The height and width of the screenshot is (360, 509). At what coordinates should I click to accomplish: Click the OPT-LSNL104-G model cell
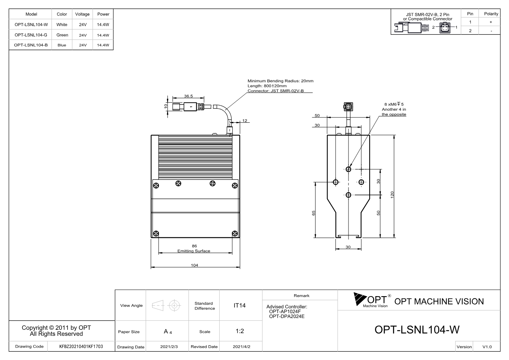tap(31, 35)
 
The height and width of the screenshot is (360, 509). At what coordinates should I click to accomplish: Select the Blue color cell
tap(62, 45)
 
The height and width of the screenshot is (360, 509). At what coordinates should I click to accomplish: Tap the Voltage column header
tap(82, 14)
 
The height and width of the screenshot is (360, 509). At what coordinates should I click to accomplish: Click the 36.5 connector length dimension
tap(188, 96)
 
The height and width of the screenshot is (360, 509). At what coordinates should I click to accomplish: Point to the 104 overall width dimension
tap(194, 265)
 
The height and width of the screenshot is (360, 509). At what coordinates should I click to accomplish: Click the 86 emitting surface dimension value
tap(194, 246)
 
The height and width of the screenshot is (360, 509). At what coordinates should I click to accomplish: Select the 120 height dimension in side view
tap(392, 195)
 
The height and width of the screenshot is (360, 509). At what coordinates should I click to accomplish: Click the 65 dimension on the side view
tap(313, 213)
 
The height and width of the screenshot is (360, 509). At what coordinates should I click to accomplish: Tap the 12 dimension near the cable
tap(245, 121)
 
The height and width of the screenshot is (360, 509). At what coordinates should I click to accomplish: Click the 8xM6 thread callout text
tap(394, 104)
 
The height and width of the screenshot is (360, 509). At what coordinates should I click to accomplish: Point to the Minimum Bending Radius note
tap(281, 81)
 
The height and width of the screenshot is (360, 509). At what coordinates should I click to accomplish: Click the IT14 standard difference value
tap(239, 305)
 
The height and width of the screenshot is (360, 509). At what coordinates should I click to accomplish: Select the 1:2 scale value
tap(240, 331)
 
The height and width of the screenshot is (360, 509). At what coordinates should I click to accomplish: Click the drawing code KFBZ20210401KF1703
tap(81, 346)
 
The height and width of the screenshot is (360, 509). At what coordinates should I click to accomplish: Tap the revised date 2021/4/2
tap(241, 347)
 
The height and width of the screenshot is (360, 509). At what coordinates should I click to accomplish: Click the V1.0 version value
tap(487, 347)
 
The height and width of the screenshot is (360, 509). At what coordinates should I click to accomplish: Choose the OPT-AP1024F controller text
tap(285, 311)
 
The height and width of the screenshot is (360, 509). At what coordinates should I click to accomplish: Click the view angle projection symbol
tap(166, 305)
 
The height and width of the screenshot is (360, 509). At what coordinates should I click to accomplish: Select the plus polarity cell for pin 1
tap(491, 22)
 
